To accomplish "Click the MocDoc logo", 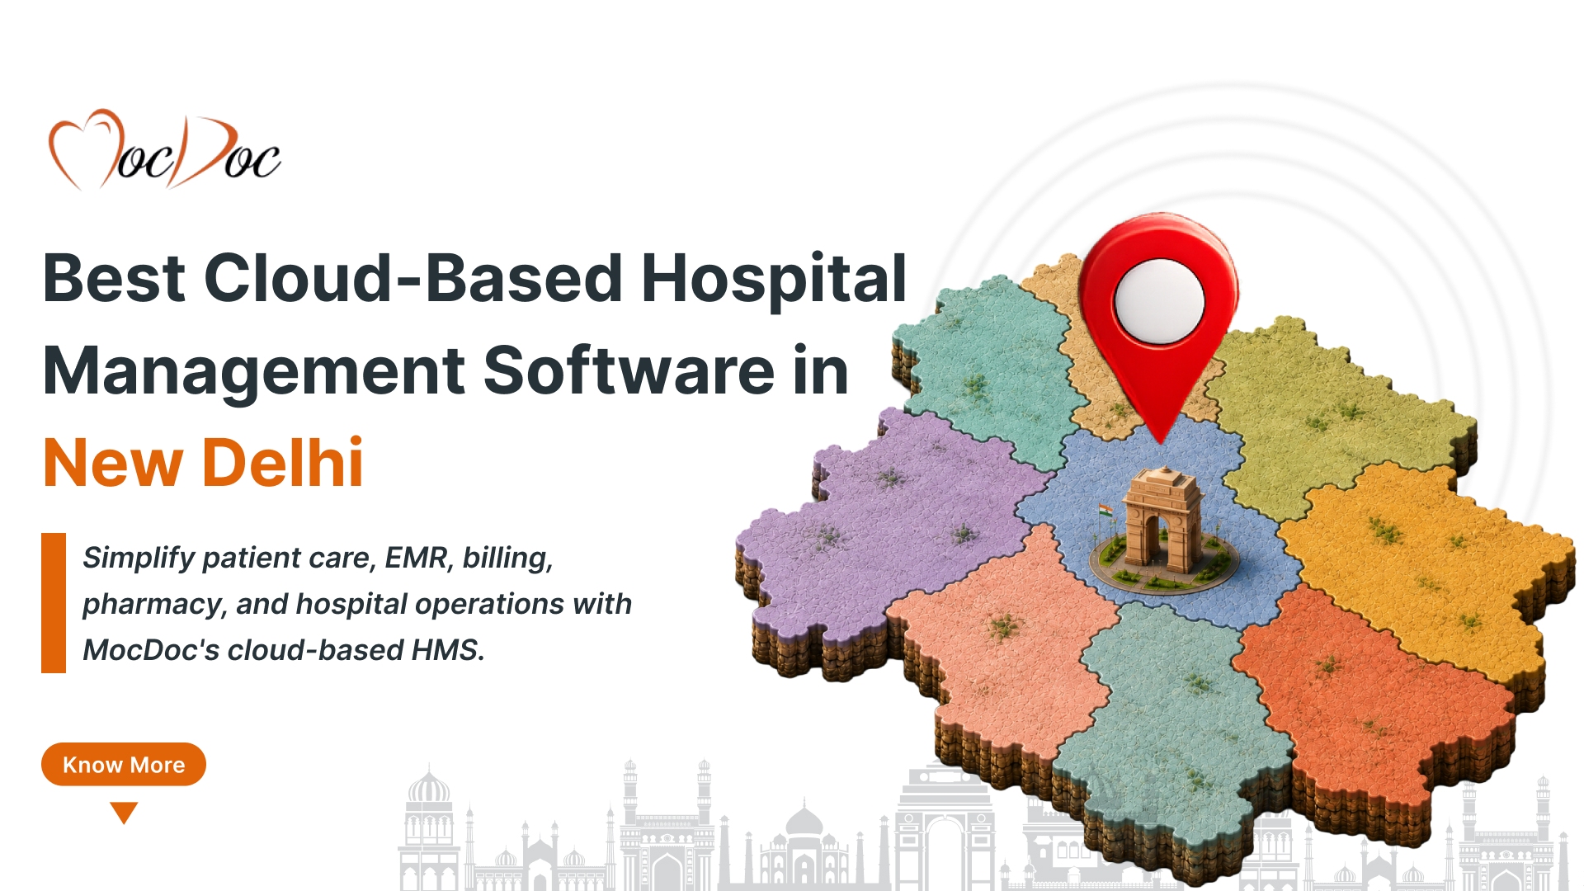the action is [x=165, y=149].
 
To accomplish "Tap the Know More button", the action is [x=124, y=764].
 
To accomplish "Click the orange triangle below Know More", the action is [x=124, y=813].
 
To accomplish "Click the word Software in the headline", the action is [x=629, y=370].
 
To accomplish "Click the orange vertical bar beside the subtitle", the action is [x=54, y=603].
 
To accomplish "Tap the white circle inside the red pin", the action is [x=1158, y=301].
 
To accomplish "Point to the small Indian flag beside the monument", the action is [x=1105, y=513].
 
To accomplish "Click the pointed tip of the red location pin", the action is [x=1160, y=442].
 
